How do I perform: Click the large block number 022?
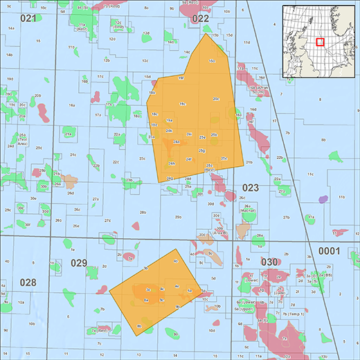tap(200, 19)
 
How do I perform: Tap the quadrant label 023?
tap(250, 187)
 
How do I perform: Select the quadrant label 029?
tap(79, 262)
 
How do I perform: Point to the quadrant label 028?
tap(27, 282)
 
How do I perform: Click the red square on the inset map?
tap(321, 42)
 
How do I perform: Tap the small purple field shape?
tap(322, 199)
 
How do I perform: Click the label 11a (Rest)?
tap(81, 26)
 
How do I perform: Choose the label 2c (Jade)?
tap(280, 291)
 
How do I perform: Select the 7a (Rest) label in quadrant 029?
tap(96, 331)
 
